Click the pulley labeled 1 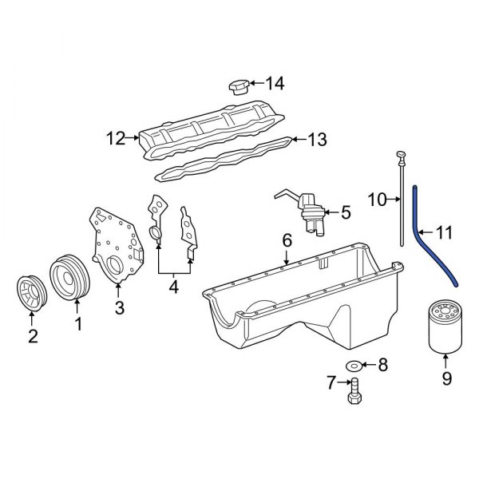(x=69, y=279)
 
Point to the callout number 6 (x=286, y=240)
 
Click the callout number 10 (x=377, y=199)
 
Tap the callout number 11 (x=444, y=233)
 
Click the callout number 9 (x=447, y=378)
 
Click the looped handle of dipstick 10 (x=401, y=153)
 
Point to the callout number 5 (x=345, y=212)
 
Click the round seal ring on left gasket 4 (x=155, y=233)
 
